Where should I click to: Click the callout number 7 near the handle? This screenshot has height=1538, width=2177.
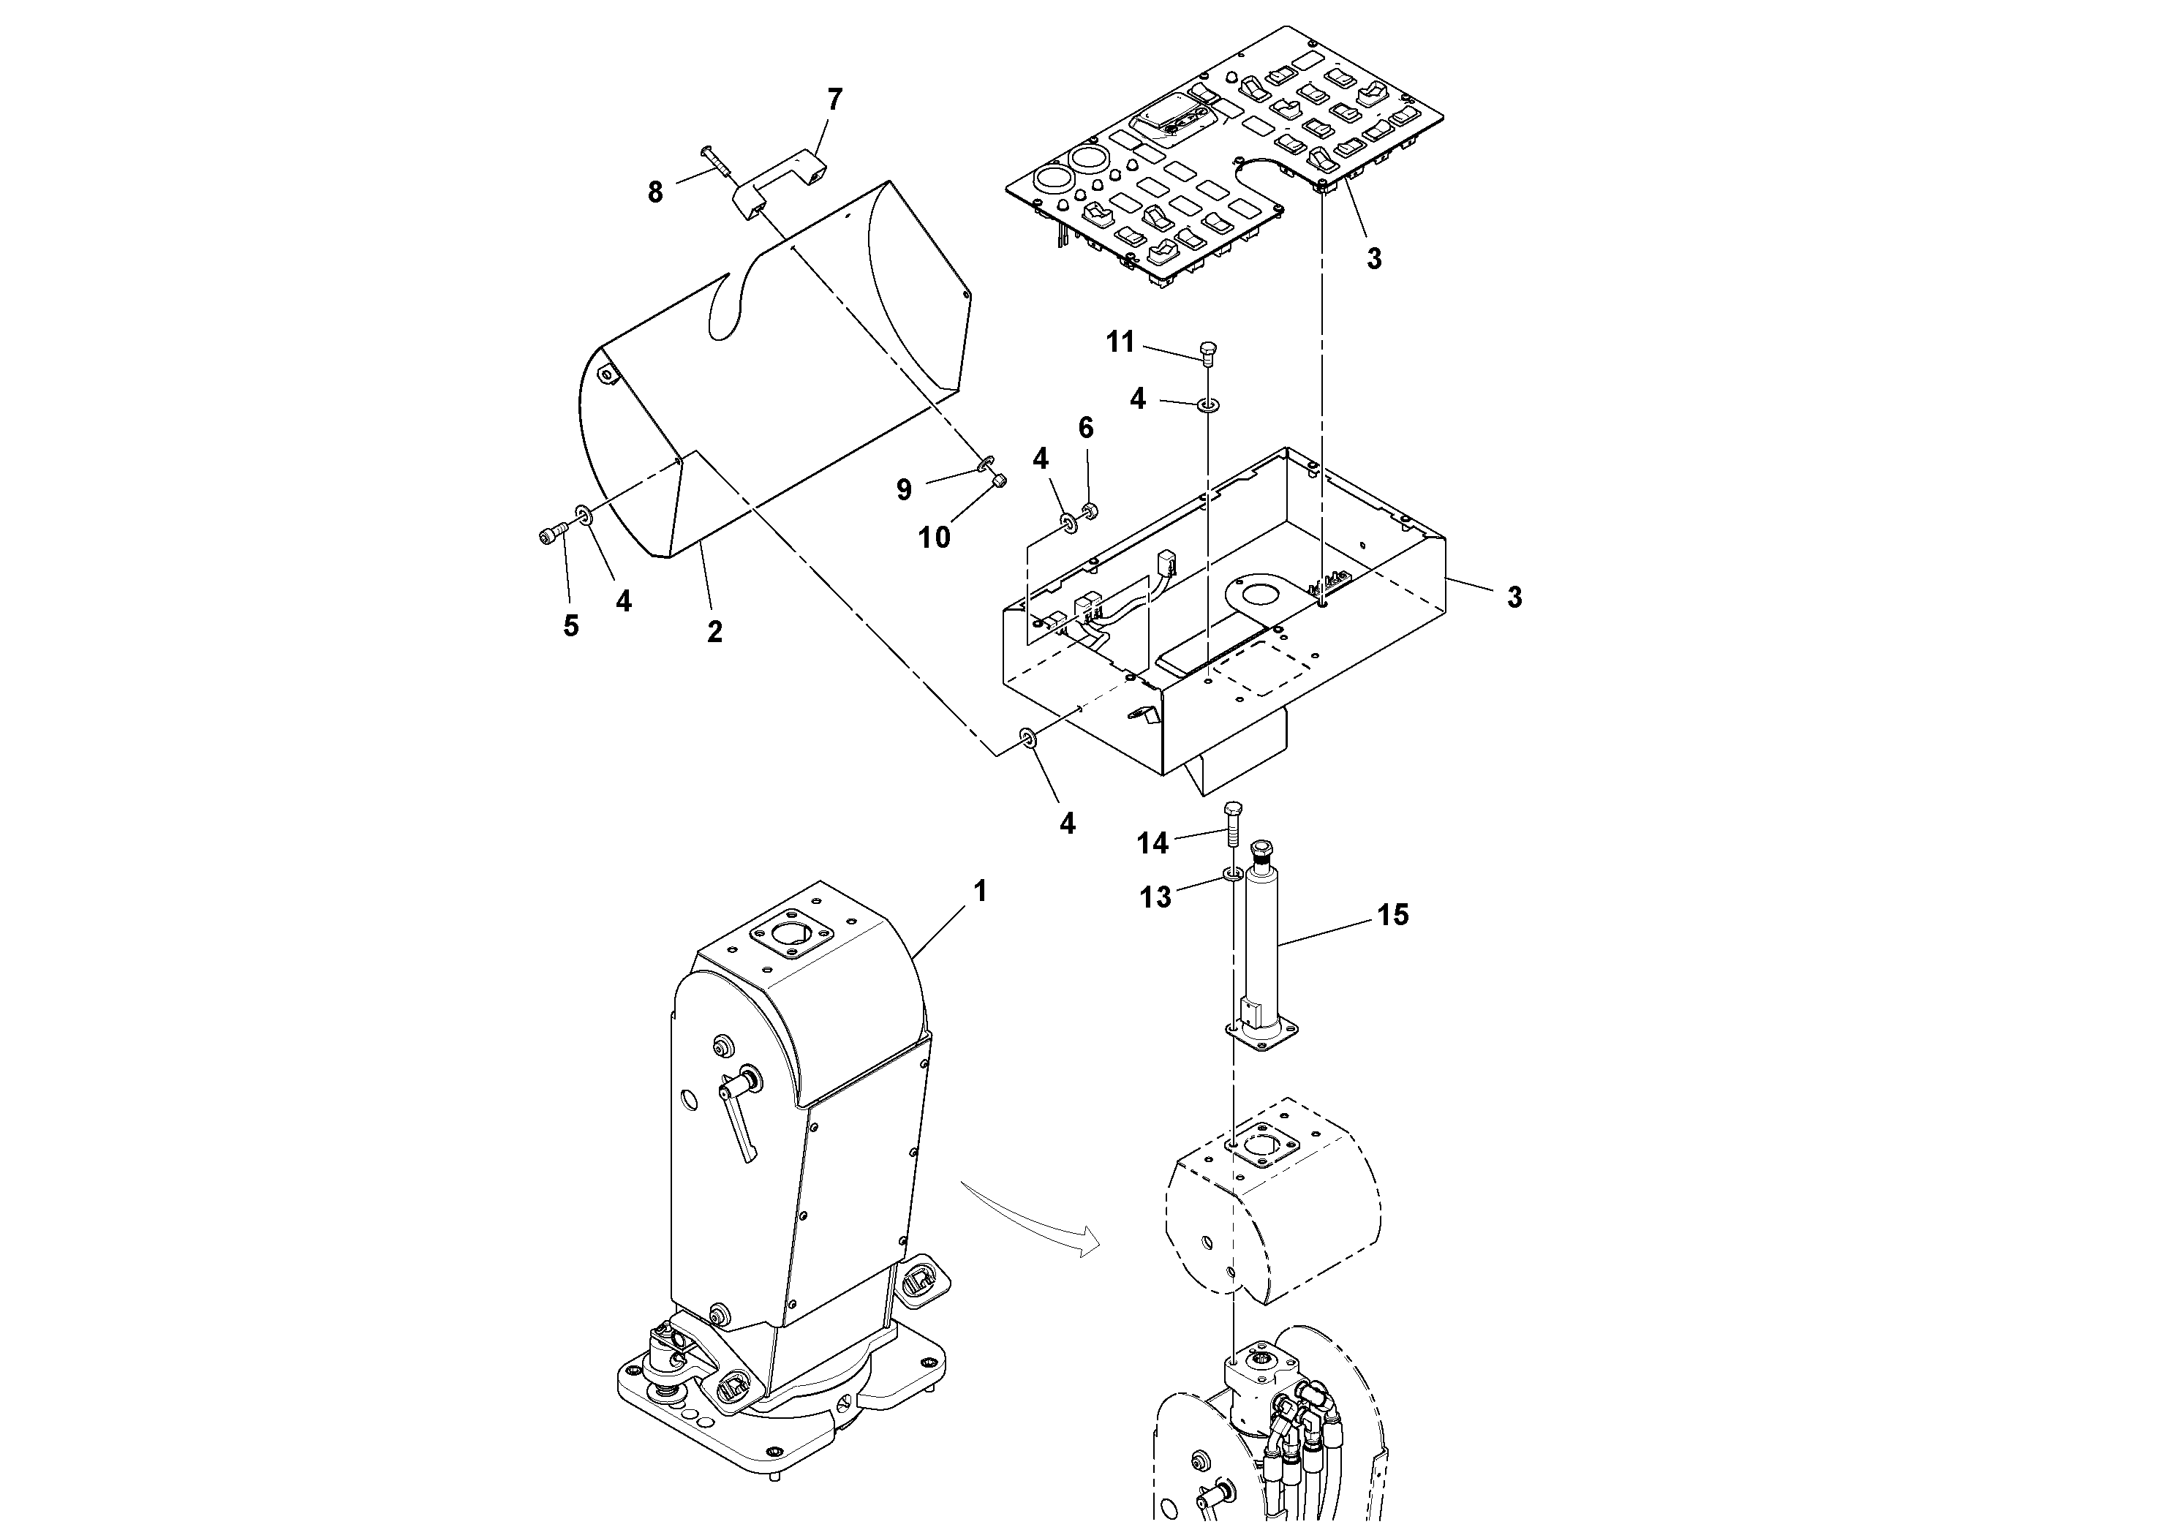tap(834, 99)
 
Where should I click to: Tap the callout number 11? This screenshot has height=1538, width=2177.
tap(1121, 342)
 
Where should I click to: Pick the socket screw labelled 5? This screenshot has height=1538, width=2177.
tap(551, 536)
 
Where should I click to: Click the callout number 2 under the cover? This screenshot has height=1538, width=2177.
tap(715, 632)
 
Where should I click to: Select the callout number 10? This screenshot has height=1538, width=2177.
tap(934, 538)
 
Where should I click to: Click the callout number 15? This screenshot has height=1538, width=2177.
tap(1393, 915)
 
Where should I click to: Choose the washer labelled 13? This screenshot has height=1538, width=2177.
tap(1231, 873)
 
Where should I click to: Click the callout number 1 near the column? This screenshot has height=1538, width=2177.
tap(981, 891)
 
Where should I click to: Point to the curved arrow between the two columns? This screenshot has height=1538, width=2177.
tap(1029, 1224)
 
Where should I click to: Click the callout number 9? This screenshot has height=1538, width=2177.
tap(904, 489)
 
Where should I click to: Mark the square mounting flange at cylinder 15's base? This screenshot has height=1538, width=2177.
tap(1264, 1036)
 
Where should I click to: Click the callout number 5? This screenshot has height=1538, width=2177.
tap(571, 626)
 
